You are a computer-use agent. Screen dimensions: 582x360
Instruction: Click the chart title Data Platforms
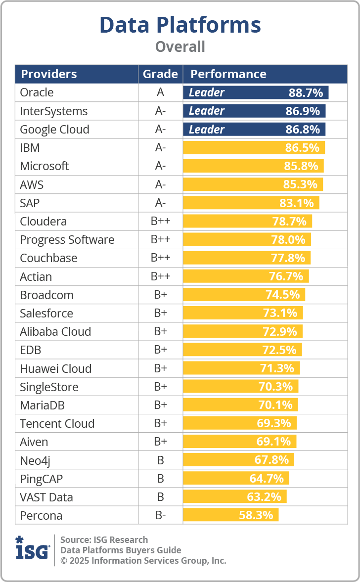click(x=180, y=25)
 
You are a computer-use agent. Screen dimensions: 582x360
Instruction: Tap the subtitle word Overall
click(x=180, y=47)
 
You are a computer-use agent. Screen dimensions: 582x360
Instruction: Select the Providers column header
click(x=48, y=74)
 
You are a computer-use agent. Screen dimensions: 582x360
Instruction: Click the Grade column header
click(x=160, y=74)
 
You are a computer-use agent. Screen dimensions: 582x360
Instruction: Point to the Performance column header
click(x=228, y=74)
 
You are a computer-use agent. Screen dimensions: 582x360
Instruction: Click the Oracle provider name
click(x=37, y=92)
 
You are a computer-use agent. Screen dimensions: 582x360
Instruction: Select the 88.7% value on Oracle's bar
click(x=306, y=92)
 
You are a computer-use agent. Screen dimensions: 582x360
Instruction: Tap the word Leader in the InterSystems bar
click(x=207, y=111)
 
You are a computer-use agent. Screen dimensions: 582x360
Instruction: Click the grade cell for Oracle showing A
click(x=160, y=92)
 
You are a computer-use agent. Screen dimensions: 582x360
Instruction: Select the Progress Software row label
click(x=67, y=240)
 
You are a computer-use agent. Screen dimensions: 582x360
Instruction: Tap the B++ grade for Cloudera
click(x=160, y=221)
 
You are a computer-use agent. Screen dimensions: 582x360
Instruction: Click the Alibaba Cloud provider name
click(x=55, y=331)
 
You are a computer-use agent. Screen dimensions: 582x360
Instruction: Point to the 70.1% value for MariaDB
click(x=275, y=405)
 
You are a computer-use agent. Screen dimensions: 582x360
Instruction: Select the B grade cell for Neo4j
click(x=160, y=460)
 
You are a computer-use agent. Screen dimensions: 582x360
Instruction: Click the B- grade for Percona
click(x=160, y=515)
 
